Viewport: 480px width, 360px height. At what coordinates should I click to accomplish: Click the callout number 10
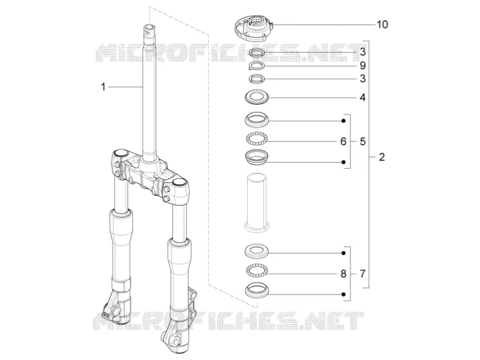point(382,24)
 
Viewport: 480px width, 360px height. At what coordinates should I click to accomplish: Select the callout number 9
point(363,65)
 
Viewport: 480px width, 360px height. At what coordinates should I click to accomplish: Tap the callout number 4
point(363,98)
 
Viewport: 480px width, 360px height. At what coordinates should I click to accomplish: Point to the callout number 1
point(103,87)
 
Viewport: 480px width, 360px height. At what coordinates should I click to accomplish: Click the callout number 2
point(382,157)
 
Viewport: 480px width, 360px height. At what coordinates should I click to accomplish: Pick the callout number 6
point(343,142)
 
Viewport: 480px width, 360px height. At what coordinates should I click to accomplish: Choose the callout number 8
point(343,274)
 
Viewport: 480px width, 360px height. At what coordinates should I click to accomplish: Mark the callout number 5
point(363,142)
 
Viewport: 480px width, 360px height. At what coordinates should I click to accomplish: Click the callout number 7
point(363,274)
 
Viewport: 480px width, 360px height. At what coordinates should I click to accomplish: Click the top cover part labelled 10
point(253,29)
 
